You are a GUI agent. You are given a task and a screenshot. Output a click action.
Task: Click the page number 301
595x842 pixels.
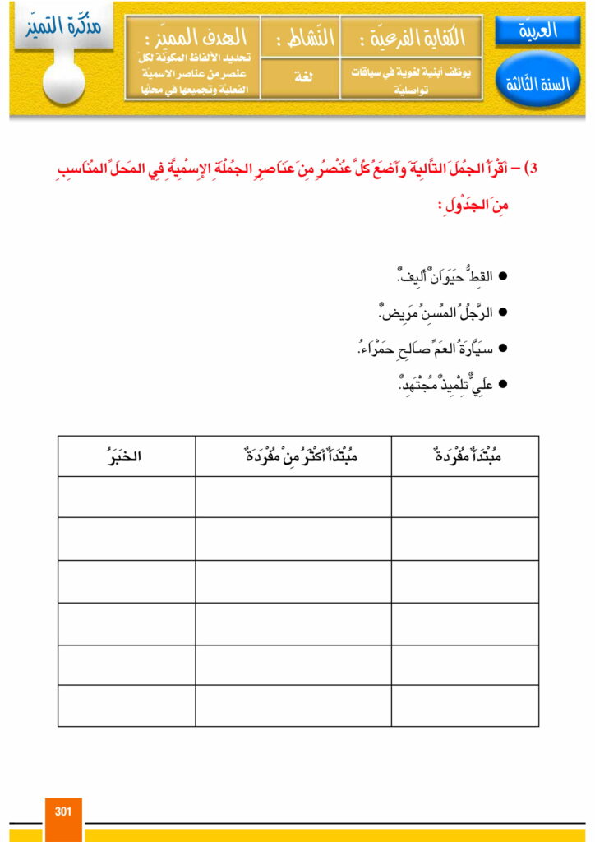click(63, 812)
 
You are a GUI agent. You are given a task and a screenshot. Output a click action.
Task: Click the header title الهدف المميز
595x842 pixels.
click(193, 36)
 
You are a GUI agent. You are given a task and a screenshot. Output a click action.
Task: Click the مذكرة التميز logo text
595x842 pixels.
click(64, 26)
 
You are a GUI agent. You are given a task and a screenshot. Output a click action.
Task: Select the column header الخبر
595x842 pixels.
click(127, 456)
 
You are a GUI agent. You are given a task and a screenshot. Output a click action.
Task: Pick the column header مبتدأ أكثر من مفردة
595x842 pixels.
click(293, 456)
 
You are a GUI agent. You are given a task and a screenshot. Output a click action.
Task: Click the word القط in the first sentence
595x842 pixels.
click(477, 276)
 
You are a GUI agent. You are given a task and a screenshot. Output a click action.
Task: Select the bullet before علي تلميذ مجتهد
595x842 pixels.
click(504, 385)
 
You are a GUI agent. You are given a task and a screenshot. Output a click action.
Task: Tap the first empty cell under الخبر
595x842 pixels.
click(127, 497)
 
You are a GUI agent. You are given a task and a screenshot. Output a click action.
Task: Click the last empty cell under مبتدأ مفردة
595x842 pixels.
click(465, 706)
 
